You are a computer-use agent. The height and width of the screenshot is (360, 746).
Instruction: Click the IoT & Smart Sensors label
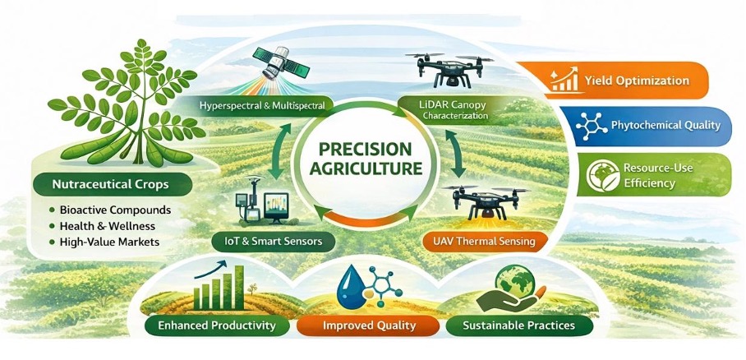pyautogui.click(x=274, y=241)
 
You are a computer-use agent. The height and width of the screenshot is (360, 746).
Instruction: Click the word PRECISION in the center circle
pyautogui.click(x=365, y=150)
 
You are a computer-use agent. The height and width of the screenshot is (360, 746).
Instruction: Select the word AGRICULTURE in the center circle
pyautogui.click(x=365, y=168)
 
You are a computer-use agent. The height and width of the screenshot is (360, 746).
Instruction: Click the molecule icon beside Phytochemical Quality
pyautogui.click(x=591, y=127)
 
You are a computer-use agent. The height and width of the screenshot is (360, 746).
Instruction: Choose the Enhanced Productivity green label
pyautogui.click(x=216, y=325)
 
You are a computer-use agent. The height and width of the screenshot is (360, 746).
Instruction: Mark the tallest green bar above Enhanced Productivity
pyautogui.click(x=239, y=287)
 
